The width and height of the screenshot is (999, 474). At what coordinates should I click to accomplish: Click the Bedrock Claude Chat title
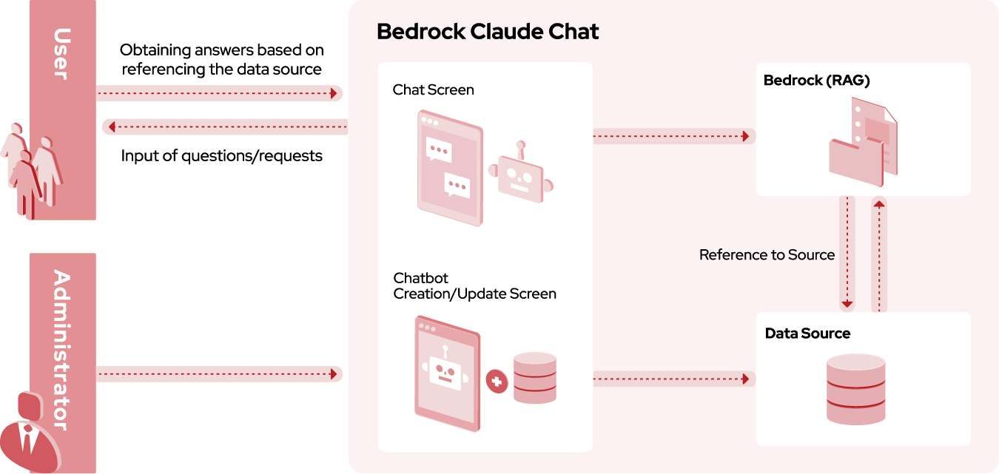pyautogui.click(x=488, y=32)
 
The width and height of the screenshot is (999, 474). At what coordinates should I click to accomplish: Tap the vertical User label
pyautogui.click(x=62, y=53)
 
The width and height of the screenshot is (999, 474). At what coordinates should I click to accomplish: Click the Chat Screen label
pyautogui.click(x=433, y=89)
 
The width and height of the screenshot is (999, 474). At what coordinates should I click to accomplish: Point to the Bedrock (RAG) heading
pyautogui.click(x=816, y=81)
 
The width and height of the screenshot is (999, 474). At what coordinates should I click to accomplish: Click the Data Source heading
pyautogui.click(x=807, y=334)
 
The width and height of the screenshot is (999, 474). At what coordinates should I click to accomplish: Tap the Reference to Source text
pyautogui.click(x=767, y=255)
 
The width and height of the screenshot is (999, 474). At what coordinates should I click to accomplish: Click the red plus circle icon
pyautogui.click(x=497, y=382)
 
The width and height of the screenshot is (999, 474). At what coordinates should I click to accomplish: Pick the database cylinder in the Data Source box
pyautogui.click(x=855, y=389)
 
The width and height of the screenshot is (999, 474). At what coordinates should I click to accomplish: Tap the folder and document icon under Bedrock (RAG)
pyautogui.click(x=863, y=144)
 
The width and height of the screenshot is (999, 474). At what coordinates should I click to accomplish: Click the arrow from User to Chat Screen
pyautogui.click(x=219, y=93)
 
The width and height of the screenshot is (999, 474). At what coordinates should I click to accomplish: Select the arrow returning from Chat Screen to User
pyautogui.click(x=225, y=127)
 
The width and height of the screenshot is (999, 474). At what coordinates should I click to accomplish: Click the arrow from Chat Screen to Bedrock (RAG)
pyautogui.click(x=673, y=136)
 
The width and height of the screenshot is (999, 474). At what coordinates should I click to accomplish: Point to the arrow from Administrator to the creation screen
pyautogui.click(x=219, y=374)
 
